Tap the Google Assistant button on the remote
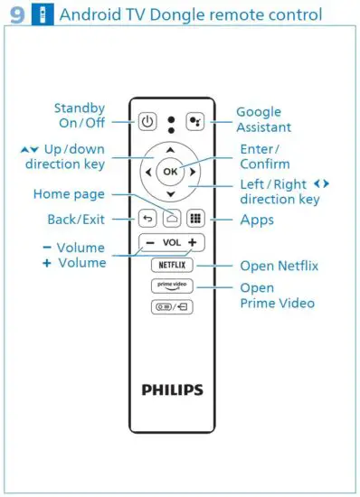point(194,121)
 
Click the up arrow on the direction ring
point(171,148)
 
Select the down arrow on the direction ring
point(171,193)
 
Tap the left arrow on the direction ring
point(147,171)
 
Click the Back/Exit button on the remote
point(148,219)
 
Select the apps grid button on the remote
point(194,219)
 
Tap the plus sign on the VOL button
point(192,242)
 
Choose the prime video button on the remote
point(171,286)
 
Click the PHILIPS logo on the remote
point(172,390)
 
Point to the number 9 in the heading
point(15,15)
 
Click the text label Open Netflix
point(279,267)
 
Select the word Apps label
point(257,220)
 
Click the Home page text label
point(69,193)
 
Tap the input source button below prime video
point(171,306)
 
